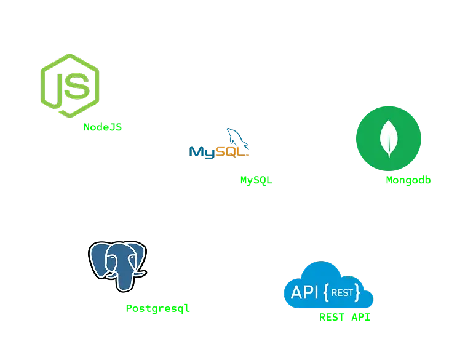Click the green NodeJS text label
103,127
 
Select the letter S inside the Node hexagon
77,87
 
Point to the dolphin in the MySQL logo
237,139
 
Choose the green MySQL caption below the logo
256,181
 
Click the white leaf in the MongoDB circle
388,138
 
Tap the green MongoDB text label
408,181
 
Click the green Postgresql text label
157,308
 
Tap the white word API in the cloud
304,292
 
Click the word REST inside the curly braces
342,293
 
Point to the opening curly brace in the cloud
326,293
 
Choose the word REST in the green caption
332,318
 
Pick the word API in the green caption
361,318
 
